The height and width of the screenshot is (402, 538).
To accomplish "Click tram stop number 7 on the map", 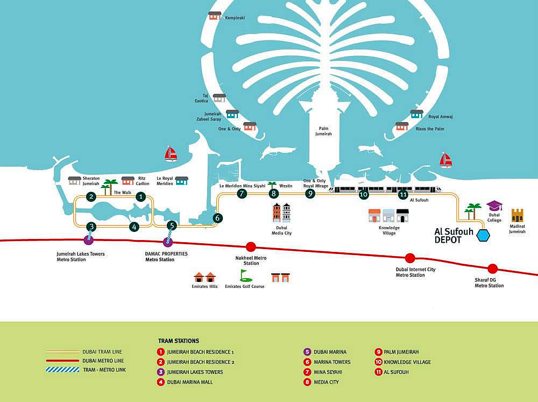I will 242,194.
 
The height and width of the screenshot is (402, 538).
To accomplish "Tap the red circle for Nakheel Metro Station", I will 250,247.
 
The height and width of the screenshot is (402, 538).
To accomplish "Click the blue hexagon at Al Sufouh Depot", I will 484,235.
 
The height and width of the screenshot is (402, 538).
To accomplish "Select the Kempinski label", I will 235,18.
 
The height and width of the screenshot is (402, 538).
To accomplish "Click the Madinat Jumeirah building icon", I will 517,216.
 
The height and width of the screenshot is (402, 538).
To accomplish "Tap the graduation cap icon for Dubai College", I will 494,206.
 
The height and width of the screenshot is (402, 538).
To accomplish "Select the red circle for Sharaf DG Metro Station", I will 492,269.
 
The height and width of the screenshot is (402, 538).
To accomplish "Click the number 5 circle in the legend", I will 307,352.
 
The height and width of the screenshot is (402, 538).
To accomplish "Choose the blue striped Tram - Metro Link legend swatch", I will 63,370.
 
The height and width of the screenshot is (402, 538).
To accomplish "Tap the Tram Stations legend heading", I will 178,341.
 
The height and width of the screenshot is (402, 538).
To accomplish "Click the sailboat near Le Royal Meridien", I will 171,154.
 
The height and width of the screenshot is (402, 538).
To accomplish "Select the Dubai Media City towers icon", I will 281,213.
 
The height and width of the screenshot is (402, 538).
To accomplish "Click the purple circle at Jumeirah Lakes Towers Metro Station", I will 89,240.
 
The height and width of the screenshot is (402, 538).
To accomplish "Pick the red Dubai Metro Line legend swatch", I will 63,361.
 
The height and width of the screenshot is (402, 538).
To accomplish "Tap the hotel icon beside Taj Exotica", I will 219,98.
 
